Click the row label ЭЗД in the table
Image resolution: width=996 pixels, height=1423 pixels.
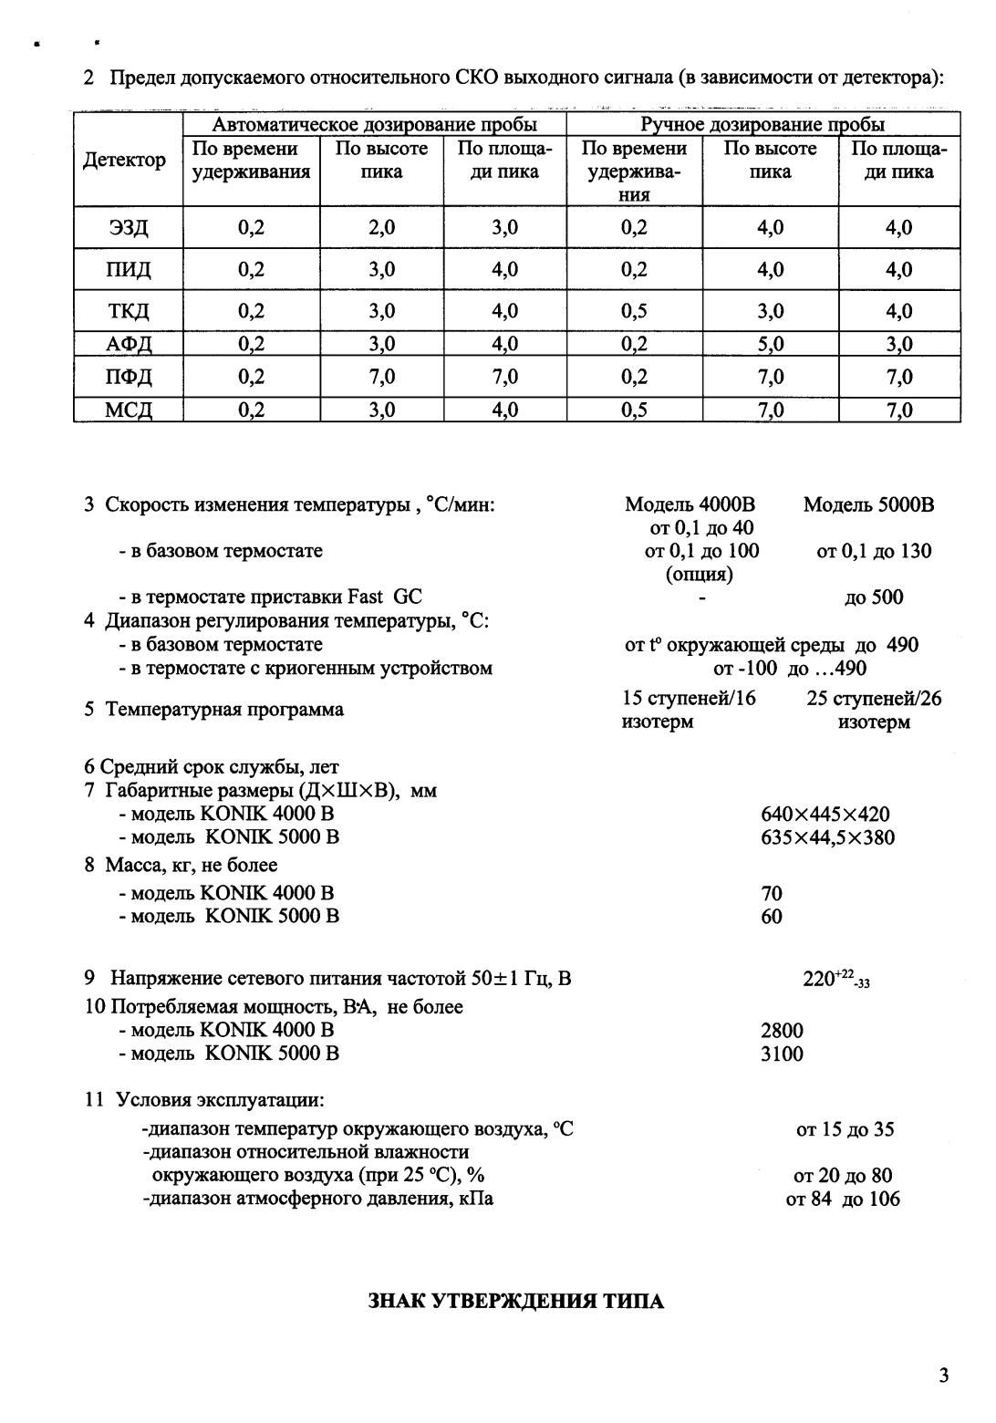pyautogui.click(x=129, y=228)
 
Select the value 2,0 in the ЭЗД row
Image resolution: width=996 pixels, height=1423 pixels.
pyautogui.click(x=381, y=228)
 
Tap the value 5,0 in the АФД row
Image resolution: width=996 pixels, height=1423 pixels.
pyautogui.click(x=771, y=344)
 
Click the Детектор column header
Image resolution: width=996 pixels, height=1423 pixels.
pyautogui.click(x=125, y=161)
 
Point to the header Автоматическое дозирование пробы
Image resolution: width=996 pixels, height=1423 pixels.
pyautogui.click(x=374, y=125)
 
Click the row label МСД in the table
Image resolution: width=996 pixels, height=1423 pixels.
pyautogui.click(x=129, y=411)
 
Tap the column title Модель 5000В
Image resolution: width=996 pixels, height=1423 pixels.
pyautogui.click(x=868, y=505)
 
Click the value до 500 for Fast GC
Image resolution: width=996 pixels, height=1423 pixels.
pyautogui.click(x=874, y=597)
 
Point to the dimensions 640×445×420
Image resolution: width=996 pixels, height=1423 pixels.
pyautogui.click(x=825, y=815)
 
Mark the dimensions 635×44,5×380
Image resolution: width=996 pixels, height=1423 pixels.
pyautogui.click(x=827, y=837)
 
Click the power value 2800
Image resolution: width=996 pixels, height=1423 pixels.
pyautogui.click(x=782, y=1031)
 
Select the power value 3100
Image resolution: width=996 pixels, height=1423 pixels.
pyautogui.click(x=782, y=1054)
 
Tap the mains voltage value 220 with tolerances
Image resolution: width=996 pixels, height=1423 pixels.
pyautogui.click(x=835, y=980)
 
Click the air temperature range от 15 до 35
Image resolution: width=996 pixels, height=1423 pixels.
pyautogui.click(x=845, y=1129)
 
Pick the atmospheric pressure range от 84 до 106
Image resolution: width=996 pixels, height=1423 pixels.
pyautogui.click(x=843, y=1199)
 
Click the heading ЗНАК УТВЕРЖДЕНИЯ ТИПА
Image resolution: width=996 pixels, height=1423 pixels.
pyautogui.click(x=515, y=1302)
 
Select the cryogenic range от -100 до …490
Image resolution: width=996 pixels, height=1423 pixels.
pyautogui.click(x=789, y=669)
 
